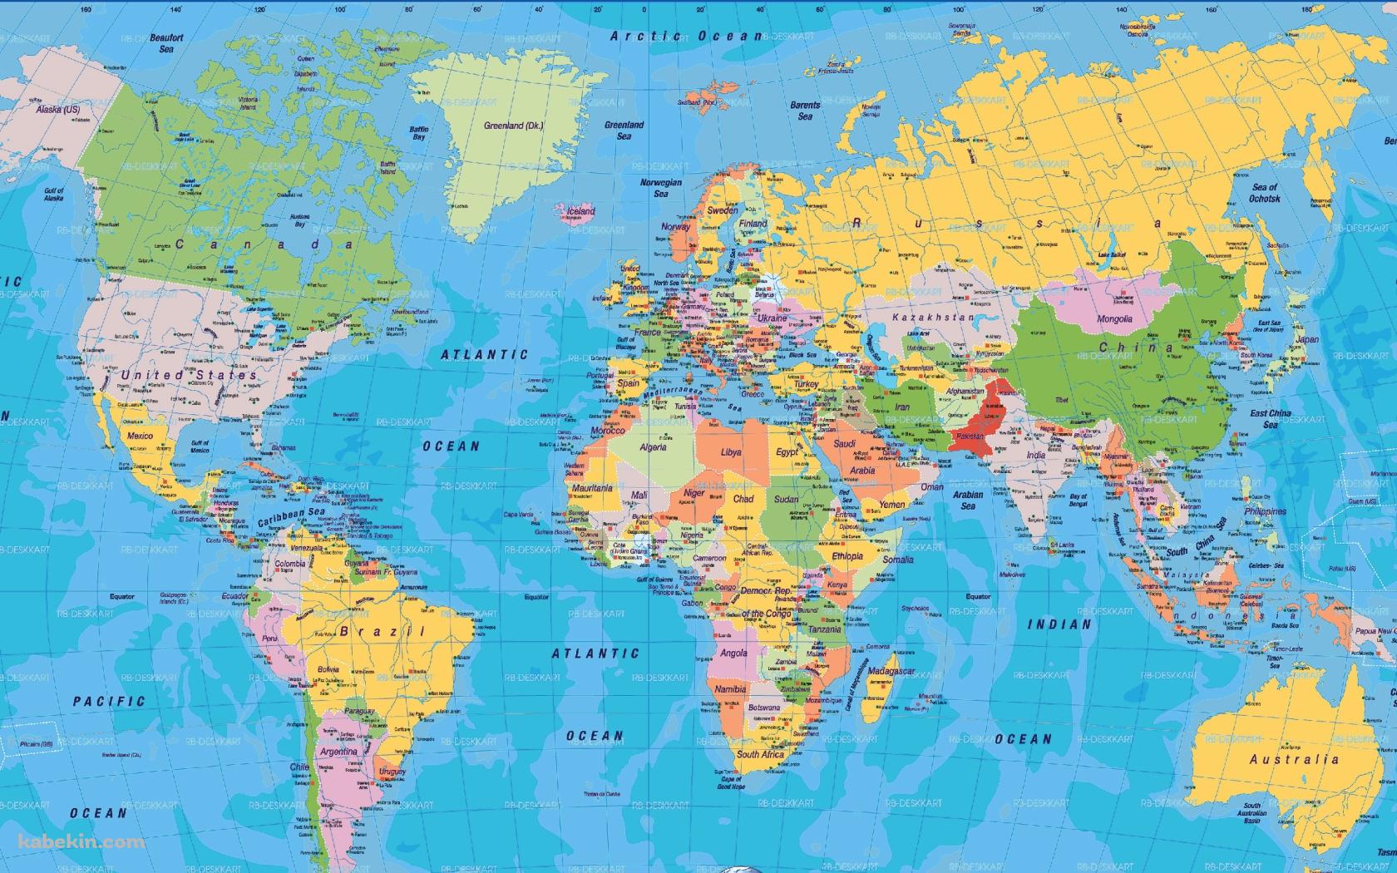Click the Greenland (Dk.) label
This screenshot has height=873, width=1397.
click(x=513, y=126)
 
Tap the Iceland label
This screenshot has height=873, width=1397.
click(x=580, y=211)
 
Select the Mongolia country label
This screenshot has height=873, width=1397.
click(x=1114, y=319)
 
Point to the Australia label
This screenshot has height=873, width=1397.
click(x=1294, y=759)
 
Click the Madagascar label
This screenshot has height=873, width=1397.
click(x=891, y=671)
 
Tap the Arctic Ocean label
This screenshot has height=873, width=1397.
click(x=686, y=36)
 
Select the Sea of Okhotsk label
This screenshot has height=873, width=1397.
click(x=1264, y=193)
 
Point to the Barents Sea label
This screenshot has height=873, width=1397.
click(x=805, y=111)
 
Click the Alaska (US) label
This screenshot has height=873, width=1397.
click(x=58, y=109)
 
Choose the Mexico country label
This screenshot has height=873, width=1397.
click(x=140, y=436)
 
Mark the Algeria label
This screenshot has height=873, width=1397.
click(x=653, y=447)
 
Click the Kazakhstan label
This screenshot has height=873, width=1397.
click(x=932, y=318)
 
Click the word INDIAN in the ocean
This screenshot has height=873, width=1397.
click(x=1059, y=624)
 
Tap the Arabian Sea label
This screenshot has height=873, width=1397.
click(x=968, y=500)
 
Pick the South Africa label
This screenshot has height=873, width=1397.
click(x=760, y=754)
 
